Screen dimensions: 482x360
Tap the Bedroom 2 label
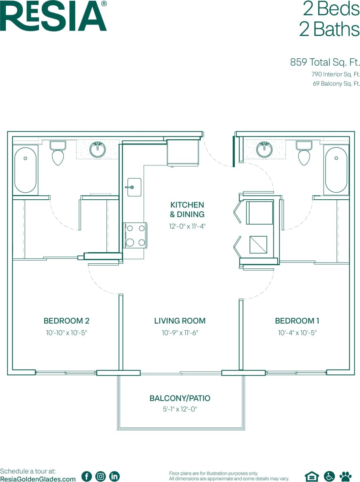[67, 321]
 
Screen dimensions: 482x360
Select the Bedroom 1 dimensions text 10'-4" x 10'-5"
[297, 333]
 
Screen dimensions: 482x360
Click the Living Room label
[180, 321]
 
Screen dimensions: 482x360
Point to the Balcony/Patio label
[180, 398]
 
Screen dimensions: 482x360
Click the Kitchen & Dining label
[187, 210]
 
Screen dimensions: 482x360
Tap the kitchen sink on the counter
[134, 187]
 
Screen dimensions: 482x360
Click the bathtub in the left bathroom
[26, 170]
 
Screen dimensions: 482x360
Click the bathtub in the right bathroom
[336, 170]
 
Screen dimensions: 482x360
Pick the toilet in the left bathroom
[58, 153]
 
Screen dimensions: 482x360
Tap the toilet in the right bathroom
[304, 153]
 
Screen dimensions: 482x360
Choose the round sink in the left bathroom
[98, 150]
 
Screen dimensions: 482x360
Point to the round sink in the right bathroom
[264, 150]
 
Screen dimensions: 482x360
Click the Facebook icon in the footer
[87, 476]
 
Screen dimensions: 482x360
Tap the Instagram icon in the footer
[101, 476]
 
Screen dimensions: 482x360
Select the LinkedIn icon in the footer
[114, 476]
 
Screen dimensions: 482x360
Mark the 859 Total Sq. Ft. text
[324, 62]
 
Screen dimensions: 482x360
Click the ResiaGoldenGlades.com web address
[38, 478]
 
